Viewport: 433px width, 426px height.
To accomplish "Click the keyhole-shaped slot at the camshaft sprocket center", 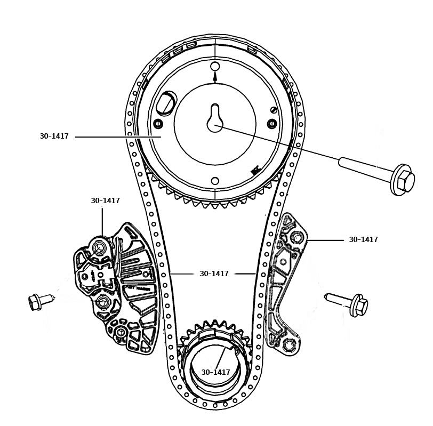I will tap(214, 117).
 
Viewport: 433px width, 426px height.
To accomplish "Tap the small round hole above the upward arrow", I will tap(215, 67).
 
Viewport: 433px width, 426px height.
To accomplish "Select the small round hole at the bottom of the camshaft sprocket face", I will tap(215, 181).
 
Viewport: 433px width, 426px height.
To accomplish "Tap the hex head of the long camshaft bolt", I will tap(403, 180).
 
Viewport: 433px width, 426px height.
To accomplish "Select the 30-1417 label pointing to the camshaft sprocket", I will tap(54, 136).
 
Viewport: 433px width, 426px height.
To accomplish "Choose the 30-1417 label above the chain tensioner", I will tap(105, 201).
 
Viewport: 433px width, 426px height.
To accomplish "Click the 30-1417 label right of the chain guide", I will tap(363, 240).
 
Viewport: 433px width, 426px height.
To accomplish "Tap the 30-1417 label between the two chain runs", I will tap(214, 274).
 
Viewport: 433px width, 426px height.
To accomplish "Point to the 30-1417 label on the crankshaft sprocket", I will tap(215, 373).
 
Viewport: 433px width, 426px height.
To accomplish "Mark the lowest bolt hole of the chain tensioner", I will tap(121, 333).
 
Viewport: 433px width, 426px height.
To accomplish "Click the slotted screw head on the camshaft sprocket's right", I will tap(274, 110).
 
